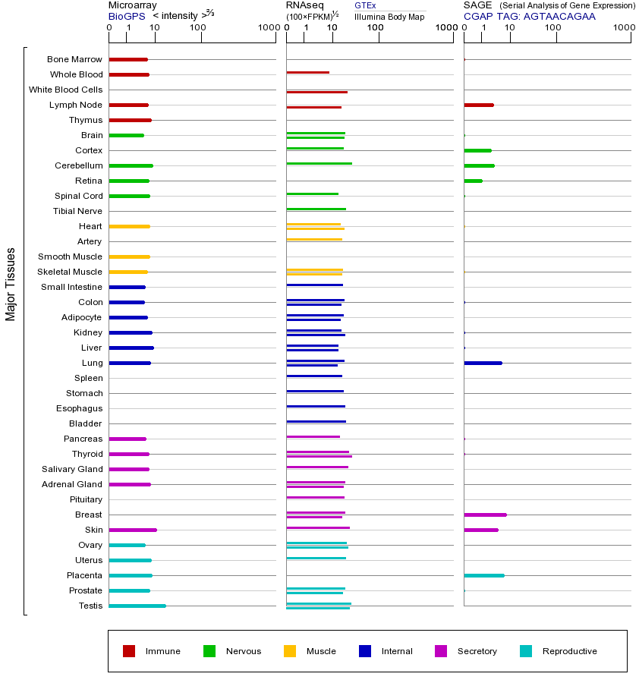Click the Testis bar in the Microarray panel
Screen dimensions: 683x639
point(137,606)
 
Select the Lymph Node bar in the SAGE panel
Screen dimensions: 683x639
point(479,105)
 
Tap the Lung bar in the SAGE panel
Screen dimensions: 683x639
point(483,363)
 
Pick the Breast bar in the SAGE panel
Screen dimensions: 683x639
point(485,515)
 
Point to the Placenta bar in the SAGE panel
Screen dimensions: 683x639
point(483,575)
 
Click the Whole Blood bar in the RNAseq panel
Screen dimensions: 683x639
point(307,73)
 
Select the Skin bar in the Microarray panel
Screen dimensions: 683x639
point(133,530)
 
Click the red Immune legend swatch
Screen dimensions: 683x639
point(129,651)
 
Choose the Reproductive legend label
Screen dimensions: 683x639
point(569,651)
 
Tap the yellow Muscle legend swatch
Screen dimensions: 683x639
point(290,651)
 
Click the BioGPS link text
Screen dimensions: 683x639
point(125,16)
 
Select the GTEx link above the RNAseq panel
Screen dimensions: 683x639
point(365,6)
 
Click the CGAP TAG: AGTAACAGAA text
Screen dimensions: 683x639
point(530,16)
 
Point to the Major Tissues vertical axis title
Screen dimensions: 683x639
point(11,284)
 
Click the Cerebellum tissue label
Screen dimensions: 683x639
point(78,165)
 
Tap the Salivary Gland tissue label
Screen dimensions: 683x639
point(72,469)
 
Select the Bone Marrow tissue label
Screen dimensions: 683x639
point(74,59)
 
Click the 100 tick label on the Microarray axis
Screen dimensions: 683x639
point(197,28)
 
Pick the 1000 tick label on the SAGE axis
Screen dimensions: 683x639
point(624,28)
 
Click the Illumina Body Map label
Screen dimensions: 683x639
point(389,17)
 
